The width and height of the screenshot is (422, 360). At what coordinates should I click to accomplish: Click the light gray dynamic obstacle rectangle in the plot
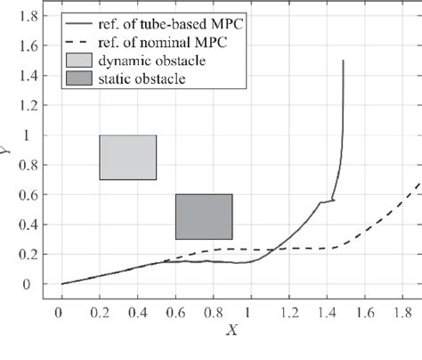[128, 157]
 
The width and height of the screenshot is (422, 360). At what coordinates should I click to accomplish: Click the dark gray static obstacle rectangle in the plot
[204, 217]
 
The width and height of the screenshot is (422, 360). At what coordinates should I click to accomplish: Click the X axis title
[231, 331]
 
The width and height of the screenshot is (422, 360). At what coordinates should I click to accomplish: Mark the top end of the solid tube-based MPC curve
[344, 61]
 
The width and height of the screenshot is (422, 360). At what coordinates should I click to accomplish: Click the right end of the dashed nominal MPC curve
[418, 184]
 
